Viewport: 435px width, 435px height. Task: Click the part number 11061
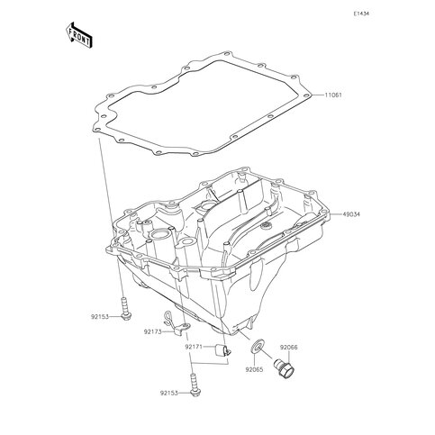click(x=333, y=95)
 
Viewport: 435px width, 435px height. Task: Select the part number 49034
click(x=351, y=214)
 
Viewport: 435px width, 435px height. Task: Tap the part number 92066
click(x=289, y=348)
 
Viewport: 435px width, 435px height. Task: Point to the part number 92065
click(x=254, y=369)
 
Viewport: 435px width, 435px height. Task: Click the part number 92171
click(x=194, y=347)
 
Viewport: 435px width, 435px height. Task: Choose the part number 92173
click(x=152, y=331)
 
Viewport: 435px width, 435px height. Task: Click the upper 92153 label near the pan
click(x=100, y=316)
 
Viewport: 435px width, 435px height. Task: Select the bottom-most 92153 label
click(x=168, y=393)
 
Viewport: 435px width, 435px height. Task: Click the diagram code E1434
click(x=361, y=14)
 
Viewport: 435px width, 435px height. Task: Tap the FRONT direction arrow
click(x=78, y=35)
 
